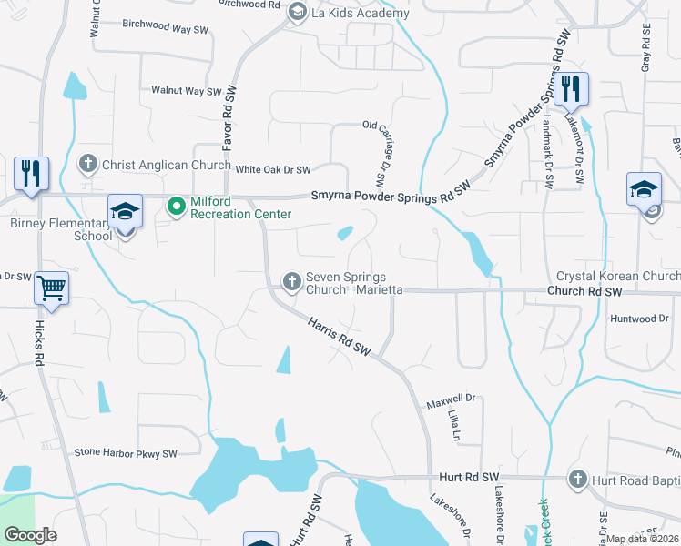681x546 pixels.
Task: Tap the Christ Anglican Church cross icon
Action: [x=88, y=165]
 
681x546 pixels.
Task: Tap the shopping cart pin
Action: [x=51, y=289]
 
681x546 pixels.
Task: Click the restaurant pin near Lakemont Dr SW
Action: [x=572, y=89]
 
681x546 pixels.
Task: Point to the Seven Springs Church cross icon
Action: [x=292, y=281]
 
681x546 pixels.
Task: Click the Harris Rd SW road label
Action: [x=340, y=337]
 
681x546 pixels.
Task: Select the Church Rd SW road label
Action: [x=584, y=292]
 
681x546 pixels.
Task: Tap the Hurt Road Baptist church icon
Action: [x=577, y=478]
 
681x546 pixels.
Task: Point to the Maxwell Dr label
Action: [x=452, y=399]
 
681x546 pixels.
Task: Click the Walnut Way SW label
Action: [x=187, y=91]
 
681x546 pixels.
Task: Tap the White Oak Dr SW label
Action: [x=273, y=169]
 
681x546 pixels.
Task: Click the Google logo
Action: [x=30, y=535]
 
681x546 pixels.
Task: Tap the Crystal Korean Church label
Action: [x=618, y=276]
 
